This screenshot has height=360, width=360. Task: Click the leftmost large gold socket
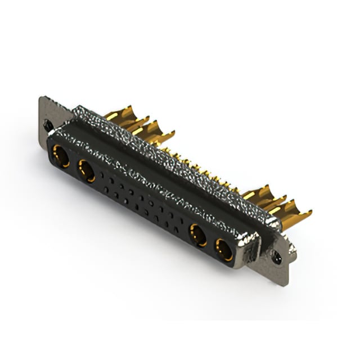61,156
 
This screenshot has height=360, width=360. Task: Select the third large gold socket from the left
197,235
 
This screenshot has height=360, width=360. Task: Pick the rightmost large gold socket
224,249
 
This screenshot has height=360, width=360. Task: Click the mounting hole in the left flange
48,125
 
